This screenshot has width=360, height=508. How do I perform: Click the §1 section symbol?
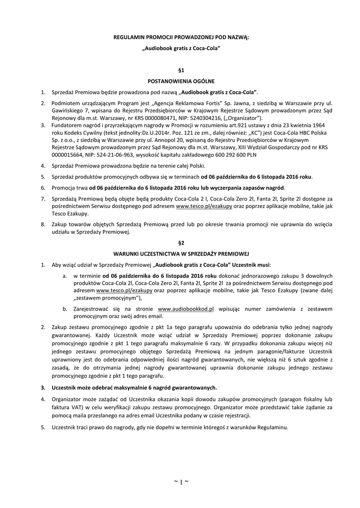[181, 71]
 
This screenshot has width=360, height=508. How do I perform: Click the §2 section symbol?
[181, 243]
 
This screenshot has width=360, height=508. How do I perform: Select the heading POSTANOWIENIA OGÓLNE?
[181, 81]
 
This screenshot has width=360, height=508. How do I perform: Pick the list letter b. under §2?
[65, 309]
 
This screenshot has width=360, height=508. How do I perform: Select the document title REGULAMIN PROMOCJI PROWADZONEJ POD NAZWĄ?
[181, 38]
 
